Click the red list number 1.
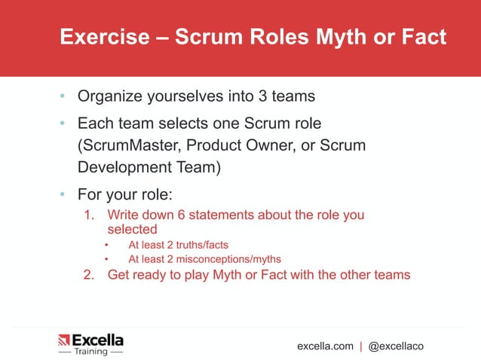89,215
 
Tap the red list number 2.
89,274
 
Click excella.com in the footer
325,346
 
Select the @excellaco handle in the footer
396,346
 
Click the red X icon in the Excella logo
64,340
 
